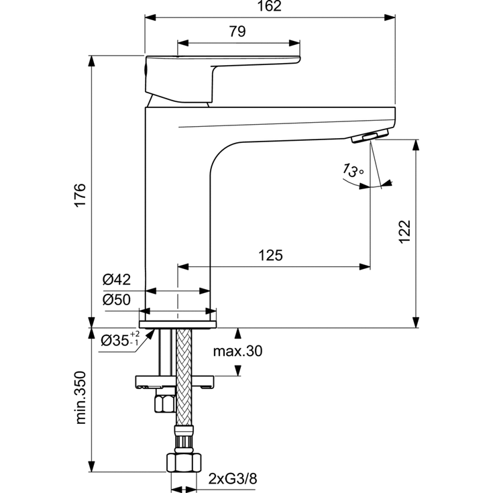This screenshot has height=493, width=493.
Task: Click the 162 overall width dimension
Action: tap(268, 7)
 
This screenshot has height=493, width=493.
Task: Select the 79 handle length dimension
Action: tap(237, 31)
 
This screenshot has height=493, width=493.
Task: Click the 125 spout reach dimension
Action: tap(270, 256)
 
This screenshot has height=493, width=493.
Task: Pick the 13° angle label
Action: tap(352, 171)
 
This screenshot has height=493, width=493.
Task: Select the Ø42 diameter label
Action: tap(116, 280)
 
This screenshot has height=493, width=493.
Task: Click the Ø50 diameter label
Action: tap(116, 300)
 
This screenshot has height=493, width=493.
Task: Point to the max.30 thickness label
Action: tap(238, 351)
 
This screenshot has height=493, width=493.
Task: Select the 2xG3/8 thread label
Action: tap(231, 479)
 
